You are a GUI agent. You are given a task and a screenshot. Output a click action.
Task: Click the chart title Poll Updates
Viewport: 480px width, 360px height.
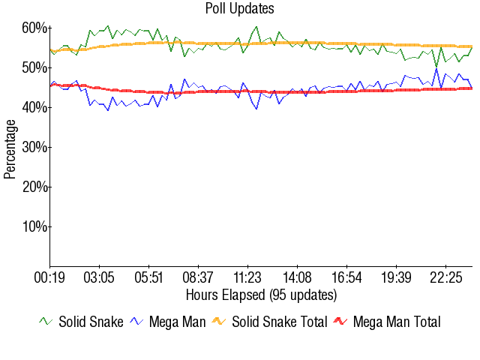[x=239, y=9]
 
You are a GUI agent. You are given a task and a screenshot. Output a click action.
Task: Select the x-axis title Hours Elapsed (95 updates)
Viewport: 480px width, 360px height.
[x=261, y=294]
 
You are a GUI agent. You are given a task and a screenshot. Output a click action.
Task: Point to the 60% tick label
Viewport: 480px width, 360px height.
[x=34, y=28]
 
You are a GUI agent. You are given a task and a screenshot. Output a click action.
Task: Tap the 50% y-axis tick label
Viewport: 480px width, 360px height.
[x=34, y=68]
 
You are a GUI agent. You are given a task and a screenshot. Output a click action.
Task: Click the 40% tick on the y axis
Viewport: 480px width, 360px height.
[x=34, y=108]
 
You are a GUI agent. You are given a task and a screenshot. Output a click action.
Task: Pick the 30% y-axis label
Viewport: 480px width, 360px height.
[x=34, y=148]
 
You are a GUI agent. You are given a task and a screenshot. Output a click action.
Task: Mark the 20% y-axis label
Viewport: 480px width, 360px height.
[x=34, y=187]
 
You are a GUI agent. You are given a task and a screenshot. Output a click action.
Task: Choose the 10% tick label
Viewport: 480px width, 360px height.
[x=34, y=226]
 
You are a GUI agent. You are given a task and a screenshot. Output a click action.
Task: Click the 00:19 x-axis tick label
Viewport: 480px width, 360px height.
[x=49, y=277]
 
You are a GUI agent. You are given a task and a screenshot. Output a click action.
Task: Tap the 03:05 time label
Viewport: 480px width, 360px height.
[x=99, y=277]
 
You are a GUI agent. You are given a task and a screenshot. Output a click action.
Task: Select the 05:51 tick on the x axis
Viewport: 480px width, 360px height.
[x=148, y=277]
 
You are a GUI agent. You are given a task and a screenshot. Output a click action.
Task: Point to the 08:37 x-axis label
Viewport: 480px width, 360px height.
[x=198, y=277]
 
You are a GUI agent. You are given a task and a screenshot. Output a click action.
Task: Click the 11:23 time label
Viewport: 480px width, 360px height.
[x=247, y=277]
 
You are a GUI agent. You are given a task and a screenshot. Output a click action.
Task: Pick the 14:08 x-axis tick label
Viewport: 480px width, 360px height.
[x=297, y=277]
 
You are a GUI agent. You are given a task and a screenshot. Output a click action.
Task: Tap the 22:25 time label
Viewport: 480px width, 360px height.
[x=445, y=277]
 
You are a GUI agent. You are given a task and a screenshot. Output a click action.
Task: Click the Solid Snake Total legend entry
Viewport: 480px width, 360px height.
[x=279, y=322]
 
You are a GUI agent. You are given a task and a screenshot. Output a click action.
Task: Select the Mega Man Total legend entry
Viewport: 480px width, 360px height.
[x=396, y=322]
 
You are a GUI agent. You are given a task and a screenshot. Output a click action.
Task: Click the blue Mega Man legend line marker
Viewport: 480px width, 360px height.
[x=136, y=322]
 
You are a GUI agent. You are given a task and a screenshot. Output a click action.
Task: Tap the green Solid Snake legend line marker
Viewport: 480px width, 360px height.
[x=46, y=322]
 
